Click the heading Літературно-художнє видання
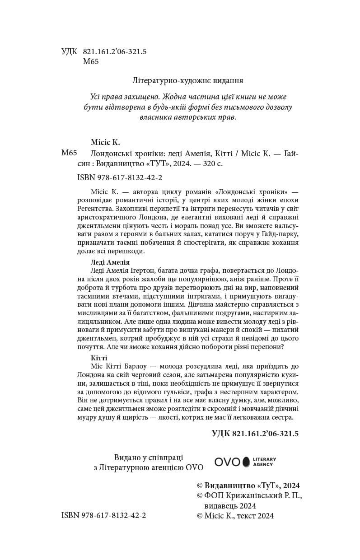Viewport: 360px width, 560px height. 188,80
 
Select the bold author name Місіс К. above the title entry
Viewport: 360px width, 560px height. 105,142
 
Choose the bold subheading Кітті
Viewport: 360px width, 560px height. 99,358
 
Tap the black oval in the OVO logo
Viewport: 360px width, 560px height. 246,462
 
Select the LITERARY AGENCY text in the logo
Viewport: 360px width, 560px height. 264,462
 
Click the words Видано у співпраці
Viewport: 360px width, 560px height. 149,457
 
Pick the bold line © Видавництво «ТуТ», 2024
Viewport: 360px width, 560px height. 248,485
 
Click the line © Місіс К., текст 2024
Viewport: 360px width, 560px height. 235,516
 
